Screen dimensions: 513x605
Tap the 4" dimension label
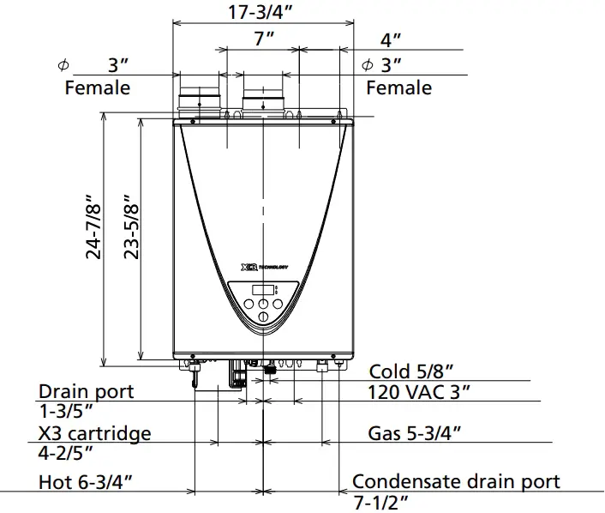391,39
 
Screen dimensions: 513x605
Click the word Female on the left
98,88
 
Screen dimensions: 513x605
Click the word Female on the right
398,88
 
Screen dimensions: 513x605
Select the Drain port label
86,391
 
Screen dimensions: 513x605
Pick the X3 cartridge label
94,433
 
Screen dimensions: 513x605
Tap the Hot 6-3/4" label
86,482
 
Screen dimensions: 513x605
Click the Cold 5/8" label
411,371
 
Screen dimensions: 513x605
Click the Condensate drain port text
456,481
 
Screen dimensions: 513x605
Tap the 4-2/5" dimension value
66,452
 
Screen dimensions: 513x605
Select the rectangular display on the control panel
264,289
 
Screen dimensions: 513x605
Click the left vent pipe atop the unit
199,100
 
